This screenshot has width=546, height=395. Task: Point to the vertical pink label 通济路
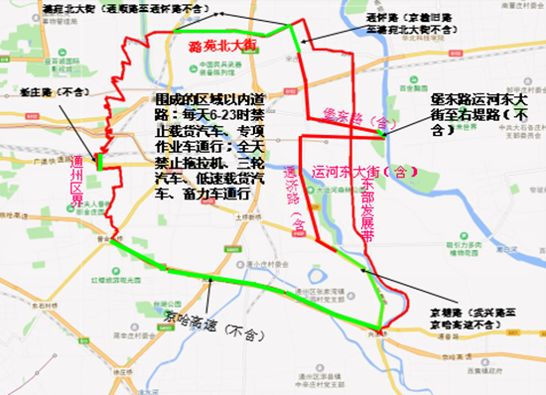(x=292, y=199)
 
